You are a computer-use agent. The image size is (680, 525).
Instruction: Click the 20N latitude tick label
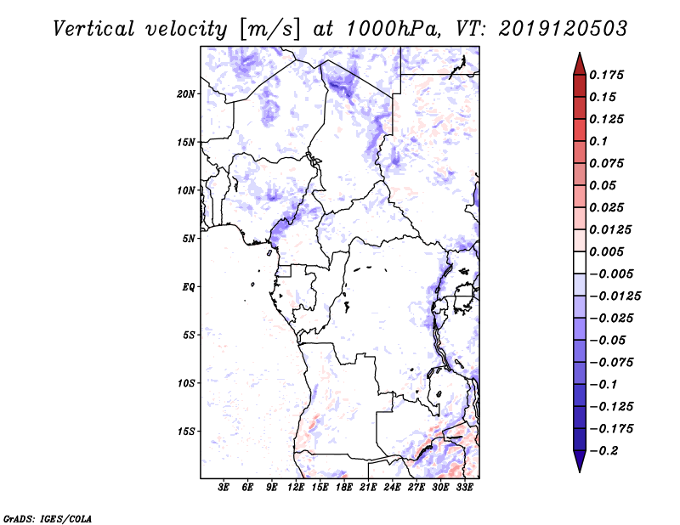[x=186, y=93]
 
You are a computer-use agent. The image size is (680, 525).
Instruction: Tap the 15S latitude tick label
[x=186, y=432]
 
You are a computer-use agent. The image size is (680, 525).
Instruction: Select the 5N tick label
[x=189, y=239]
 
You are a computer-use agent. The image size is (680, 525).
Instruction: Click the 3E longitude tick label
[x=224, y=488]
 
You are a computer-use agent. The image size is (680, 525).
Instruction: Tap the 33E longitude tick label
[x=464, y=488]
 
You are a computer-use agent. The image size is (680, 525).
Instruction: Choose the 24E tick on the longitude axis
[x=393, y=488]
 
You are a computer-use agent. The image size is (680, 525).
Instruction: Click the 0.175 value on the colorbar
[x=608, y=75]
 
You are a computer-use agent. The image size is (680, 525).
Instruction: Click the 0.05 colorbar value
[x=603, y=185]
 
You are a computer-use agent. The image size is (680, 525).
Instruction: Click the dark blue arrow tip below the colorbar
[x=579, y=466]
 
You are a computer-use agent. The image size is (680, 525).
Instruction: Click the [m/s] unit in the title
[x=269, y=28]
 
